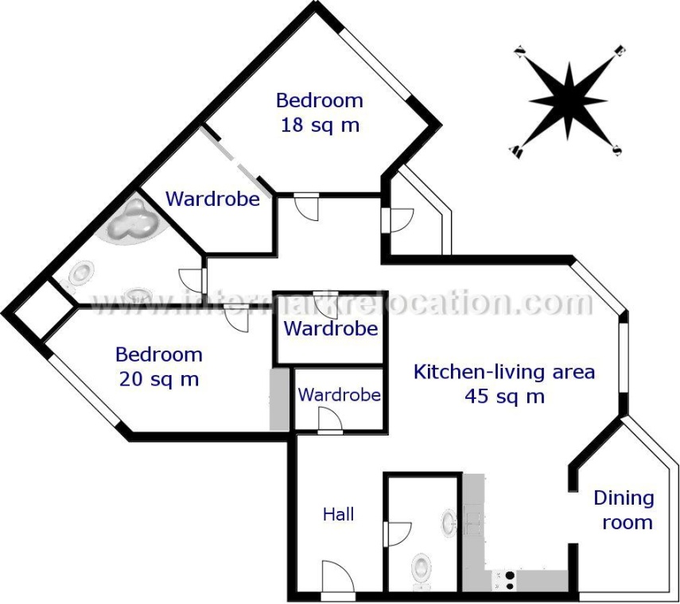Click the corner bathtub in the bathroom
pyautogui.click(x=130, y=223)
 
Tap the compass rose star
pyautogui.click(x=568, y=99)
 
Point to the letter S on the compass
pyautogui.click(x=617, y=149)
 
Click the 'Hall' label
pyautogui.click(x=338, y=514)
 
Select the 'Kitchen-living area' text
pyautogui.click(x=504, y=371)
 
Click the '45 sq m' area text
pyautogui.click(x=504, y=396)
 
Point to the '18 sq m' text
pyautogui.click(x=320, y=125)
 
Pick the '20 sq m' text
pyautogui.click(x=159, y=379)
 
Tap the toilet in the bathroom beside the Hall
pyautogui.click(x=421, y=569)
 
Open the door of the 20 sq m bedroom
pyautogui.click(x=236, y=318)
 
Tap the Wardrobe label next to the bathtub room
pyautogui.click(x=212, y=199)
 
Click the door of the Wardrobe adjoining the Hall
pyautogui.click(x=330, y=421)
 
